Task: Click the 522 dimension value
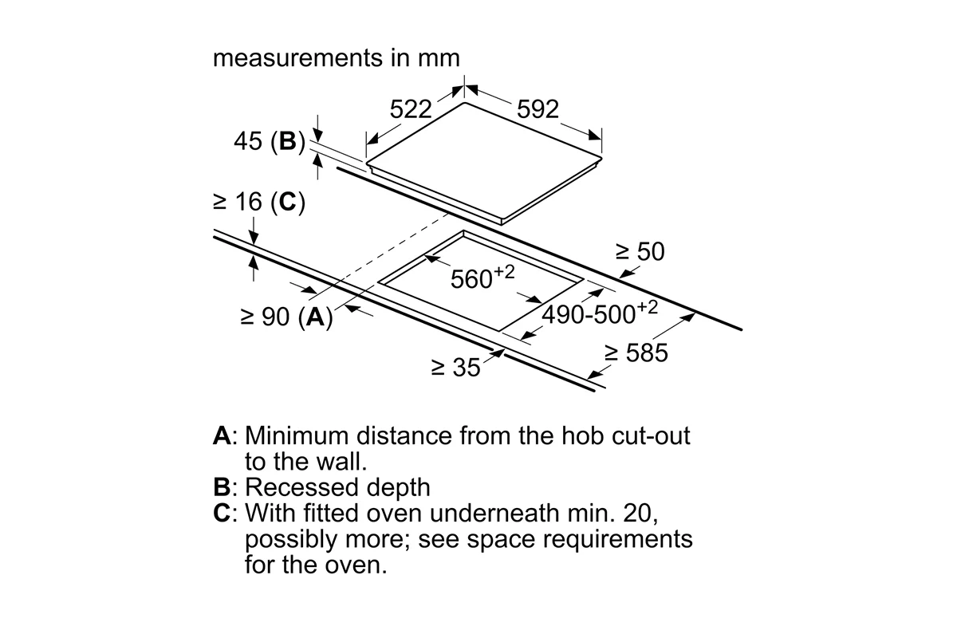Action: coord(411,109)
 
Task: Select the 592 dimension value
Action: coord(538,109)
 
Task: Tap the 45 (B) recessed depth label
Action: coord(270,141)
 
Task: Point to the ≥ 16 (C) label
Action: coord(259,202)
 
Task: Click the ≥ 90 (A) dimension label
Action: coord(286,317)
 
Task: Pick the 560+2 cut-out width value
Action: coord(482,277)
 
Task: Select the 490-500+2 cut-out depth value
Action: coord(600,313)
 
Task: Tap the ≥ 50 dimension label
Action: coord(640,251)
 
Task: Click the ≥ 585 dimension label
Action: coord(636,353)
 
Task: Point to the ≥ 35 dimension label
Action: coord(456,367)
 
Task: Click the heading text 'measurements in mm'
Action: coord(337,58)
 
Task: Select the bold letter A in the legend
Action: coord(223,435)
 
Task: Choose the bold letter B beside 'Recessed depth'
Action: coord(222,487)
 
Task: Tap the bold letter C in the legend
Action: coord(223,513)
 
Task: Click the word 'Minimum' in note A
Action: coord(297,435)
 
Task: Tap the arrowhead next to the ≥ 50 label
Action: coord(625,274)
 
